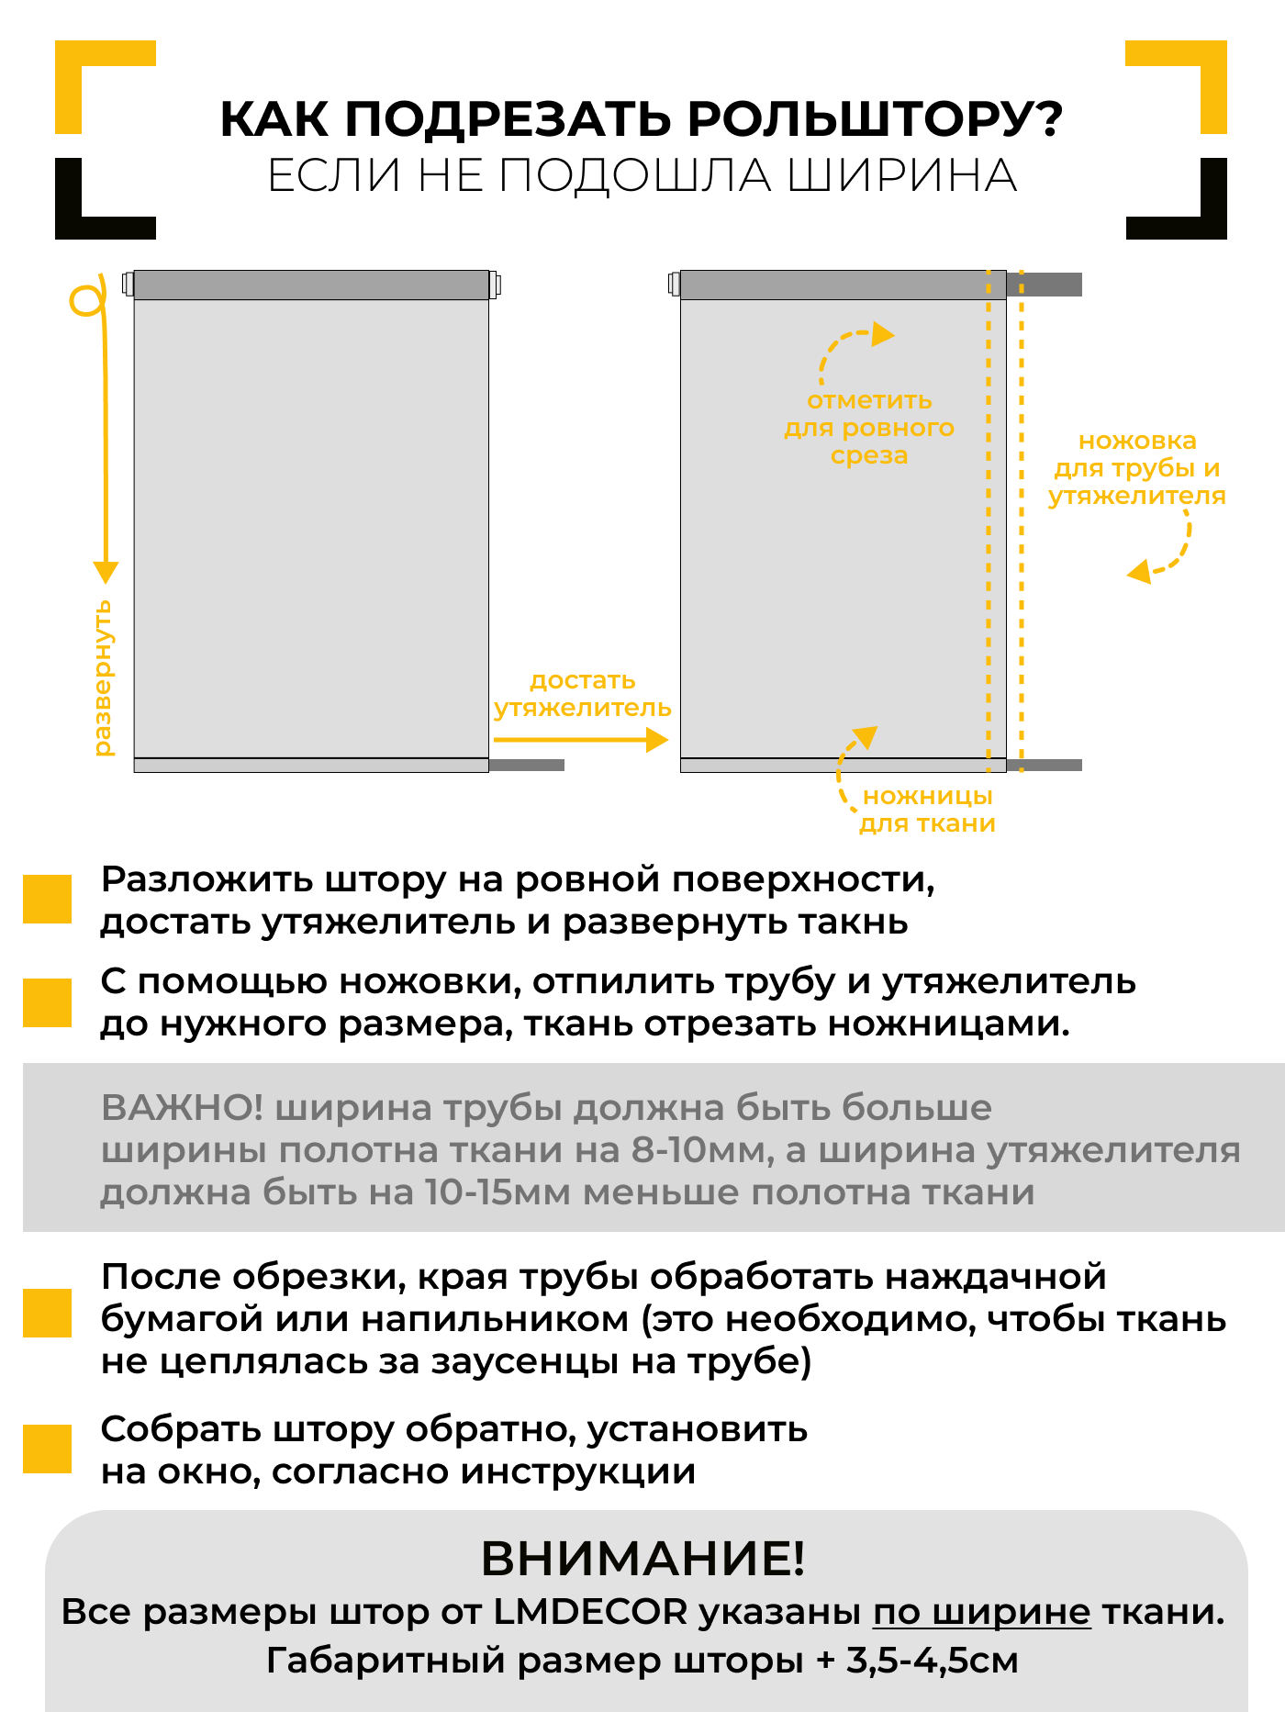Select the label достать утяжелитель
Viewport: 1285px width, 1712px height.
point(582,694)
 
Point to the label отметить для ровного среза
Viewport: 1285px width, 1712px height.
point(868,428)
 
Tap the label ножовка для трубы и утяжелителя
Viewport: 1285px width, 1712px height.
point(1136,468)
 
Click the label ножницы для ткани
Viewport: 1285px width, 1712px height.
point(927,810)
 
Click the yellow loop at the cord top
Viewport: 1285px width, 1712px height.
point(86,299)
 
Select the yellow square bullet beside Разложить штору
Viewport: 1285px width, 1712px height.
point(47,899)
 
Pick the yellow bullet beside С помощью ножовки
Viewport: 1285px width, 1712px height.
point(47,1002)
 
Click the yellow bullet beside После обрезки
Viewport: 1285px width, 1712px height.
point(47,1313)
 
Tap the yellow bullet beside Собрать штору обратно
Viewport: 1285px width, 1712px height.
point(47,1449)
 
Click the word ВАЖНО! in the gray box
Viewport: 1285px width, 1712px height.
point(182,1108)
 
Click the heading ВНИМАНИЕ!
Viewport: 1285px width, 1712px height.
point(642,1559)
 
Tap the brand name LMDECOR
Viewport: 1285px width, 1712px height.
point(590,1612)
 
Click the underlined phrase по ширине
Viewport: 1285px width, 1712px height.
point(981,1612)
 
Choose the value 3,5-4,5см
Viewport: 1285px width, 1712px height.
point(932,1661)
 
